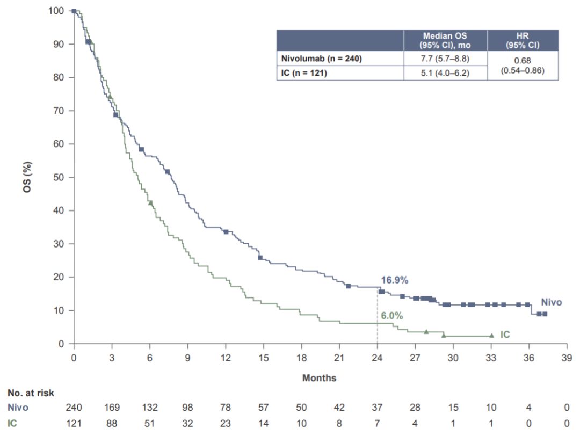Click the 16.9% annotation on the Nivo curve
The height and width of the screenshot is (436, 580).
click(x=395, y=280)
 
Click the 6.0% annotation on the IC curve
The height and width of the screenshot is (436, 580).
click(x=392, y=316)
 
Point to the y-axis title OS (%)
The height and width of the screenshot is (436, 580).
click(x=27, y=177)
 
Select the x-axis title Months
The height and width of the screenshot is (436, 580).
click(x=320, y=378)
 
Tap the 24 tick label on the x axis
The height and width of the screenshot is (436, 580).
click(x=377, y=358)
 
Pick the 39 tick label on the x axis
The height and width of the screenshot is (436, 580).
click(x=567, y=358)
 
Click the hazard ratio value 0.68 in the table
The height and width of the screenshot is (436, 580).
click(x=523, y=61)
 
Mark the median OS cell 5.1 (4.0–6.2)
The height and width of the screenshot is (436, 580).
click(x=445, y=73)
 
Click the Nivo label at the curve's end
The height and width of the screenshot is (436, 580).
click(x=551, y=303)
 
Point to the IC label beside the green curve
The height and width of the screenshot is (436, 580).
click(x=505, y=335)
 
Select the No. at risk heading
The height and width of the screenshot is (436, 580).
click(x=31, y=394)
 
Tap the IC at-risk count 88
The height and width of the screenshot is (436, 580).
click(x=112, y=423)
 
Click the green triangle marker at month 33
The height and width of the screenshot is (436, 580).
click(x=491, y=336)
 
